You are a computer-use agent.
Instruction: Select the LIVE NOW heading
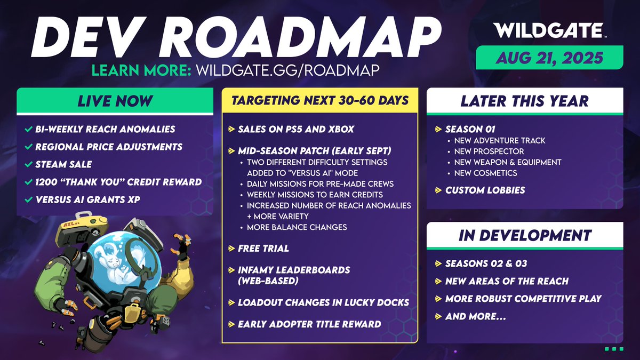(x=115, y=101)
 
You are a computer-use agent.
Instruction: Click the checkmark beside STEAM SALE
(x=28, y=164)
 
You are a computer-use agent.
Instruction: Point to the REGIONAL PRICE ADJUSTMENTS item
(x=109, y=147)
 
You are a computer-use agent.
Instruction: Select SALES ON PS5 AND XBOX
(x=296, y=130)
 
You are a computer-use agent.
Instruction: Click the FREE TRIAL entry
(x=263, y=249)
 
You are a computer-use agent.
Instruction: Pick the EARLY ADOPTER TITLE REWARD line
(x=309, y=324)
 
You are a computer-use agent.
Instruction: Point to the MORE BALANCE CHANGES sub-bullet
(x=297, y=227)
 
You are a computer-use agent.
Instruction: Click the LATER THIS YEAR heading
(x=524, y=101)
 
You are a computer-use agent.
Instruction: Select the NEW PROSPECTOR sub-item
(x=489, y=151)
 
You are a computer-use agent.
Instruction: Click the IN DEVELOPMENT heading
(x=524, y=236)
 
